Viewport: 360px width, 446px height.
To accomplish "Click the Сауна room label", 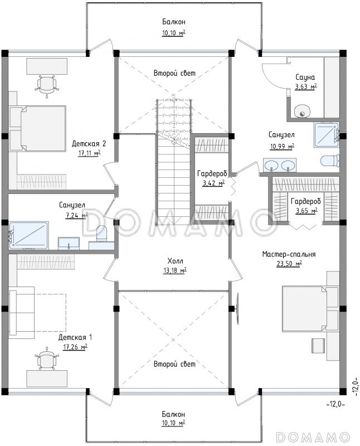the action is (305, 77).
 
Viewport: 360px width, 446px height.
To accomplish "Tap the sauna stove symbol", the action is (302, 111).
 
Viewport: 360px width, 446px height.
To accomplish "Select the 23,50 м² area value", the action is (289, 264).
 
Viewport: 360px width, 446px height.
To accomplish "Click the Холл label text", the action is (175, 261).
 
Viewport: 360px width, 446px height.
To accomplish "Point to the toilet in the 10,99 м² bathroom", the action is (330, 160).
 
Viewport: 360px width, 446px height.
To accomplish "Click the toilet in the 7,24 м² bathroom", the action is (101, 233).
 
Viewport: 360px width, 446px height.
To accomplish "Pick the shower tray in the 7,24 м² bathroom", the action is (29, 236).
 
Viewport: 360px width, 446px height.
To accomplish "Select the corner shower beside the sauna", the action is (327, 135).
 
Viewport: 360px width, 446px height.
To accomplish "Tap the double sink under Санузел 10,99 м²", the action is (280, 165).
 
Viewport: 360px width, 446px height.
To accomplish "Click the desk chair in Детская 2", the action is (47, 85).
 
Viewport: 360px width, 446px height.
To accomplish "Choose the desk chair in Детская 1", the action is (47, 358).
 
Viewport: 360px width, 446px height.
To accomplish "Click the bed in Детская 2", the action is (38, 128).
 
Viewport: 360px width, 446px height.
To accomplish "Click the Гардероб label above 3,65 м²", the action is (306, 201).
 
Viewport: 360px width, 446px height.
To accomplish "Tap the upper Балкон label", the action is (174, 22).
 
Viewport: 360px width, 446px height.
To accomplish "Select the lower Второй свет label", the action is (174, 364).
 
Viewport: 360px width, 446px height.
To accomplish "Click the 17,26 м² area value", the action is (75, 347).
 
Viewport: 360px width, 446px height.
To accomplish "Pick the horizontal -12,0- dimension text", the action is (336, 404).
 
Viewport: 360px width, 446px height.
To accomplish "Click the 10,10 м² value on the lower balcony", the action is (174, 423).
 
